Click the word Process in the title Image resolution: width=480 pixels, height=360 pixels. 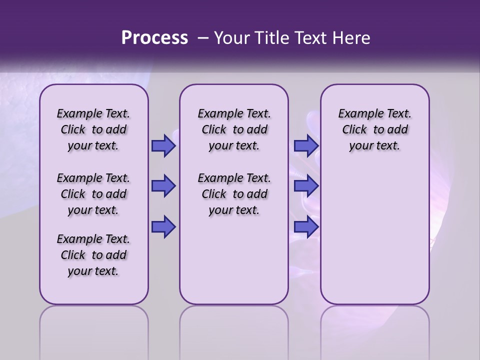(x=154, y=38)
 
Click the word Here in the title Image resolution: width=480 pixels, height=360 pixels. (x=352, y=38)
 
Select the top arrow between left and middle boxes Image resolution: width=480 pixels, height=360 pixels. (x=163, y=145)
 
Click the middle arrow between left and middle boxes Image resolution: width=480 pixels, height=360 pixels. (x=163, y=186)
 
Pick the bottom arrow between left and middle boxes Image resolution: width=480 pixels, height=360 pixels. (x=163, y=227)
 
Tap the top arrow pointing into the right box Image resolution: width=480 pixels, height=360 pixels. (x=306, y=145)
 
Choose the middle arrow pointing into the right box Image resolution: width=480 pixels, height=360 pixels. (x=306, y=186)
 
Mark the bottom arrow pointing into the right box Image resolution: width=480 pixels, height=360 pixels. (x=306, y=227)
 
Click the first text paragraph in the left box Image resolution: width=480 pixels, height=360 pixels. (x=93, y=129)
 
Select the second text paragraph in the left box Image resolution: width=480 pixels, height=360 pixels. (x=93, y=194)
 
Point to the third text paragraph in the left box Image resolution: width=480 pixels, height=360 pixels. (x=93, y=255)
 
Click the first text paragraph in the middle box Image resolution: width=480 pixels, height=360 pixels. (x=234, y=129)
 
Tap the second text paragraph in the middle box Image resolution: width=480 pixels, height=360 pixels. (x=234, y=194)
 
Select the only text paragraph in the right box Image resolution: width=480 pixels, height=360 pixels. (x=374, y=129)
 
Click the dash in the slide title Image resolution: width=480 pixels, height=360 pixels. (x=203, y=38)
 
